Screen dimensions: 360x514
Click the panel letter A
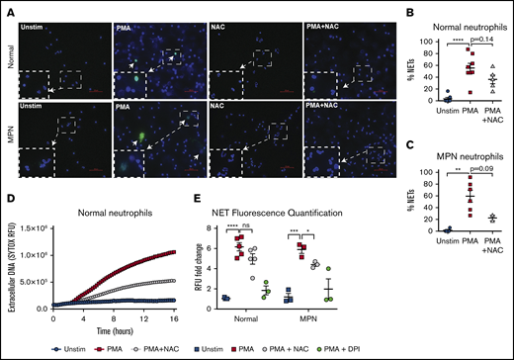pyautogui.click(x=7, y=8)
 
